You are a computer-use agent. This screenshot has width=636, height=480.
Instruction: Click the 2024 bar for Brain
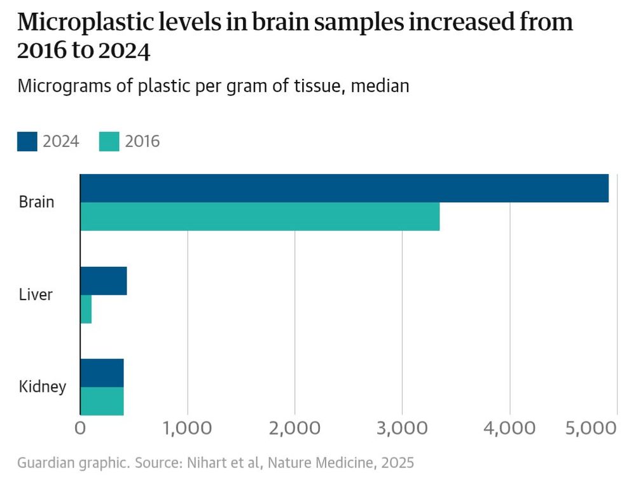344,188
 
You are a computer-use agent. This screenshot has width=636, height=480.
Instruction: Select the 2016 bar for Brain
259,217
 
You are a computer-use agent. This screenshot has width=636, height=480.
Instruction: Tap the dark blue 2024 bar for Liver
103,281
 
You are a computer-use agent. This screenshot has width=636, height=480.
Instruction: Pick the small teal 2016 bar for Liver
86,309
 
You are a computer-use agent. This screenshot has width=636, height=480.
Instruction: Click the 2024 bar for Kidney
102,373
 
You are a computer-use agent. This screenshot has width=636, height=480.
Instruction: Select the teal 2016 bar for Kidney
102,401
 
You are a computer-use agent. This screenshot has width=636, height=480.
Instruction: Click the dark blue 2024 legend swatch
27,141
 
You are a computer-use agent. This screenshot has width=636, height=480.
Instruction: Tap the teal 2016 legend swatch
109,141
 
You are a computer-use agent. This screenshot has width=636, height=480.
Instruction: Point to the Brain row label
36,203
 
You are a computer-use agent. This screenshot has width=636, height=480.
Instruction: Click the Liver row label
36,295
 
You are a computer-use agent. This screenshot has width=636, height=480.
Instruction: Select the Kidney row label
42,387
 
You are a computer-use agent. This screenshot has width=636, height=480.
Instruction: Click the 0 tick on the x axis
80,429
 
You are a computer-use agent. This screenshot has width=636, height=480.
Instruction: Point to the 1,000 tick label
187,429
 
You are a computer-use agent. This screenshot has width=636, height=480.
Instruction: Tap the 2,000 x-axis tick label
294,429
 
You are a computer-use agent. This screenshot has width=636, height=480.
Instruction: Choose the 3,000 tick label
402,429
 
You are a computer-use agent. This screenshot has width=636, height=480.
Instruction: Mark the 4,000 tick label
509,429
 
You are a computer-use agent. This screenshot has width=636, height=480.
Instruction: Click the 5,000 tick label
590,429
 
